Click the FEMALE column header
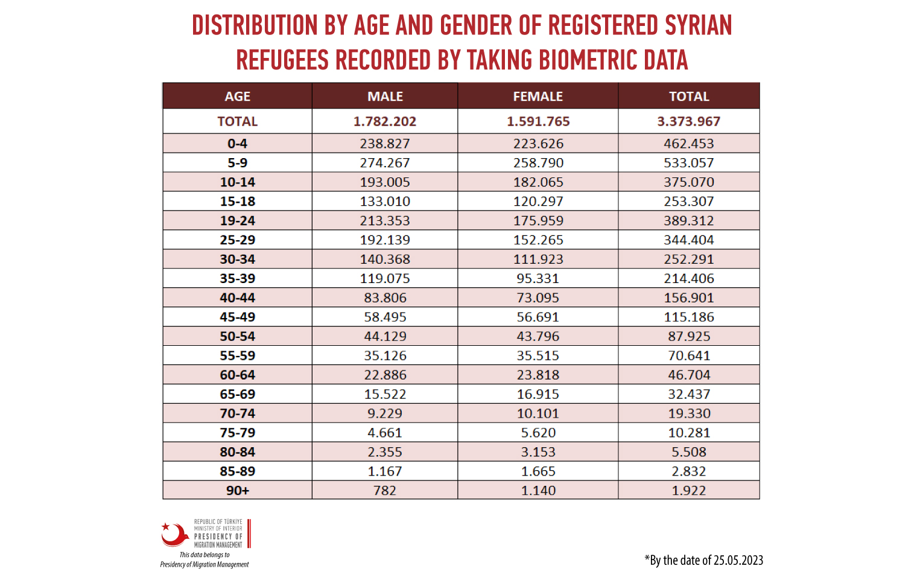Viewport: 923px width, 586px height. click(x=538, y=97)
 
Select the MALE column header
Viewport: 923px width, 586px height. click(x=385, y=97)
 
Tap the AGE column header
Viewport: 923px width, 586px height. click(x=237, y=97)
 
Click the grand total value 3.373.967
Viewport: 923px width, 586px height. click(x=688, y=121)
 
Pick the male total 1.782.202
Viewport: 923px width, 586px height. click(x=385, y=121)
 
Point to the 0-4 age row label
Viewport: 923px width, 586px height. click(x=237, y=144)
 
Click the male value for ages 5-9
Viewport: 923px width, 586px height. click(x=385, y=163)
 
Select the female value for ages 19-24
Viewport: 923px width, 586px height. click(x=538, y=220)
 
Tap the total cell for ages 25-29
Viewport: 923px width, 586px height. click(x=688, y=240)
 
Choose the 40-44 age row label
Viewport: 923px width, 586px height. click(x=237, y=298)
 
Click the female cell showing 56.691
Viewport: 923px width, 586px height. click(x=538, y=317)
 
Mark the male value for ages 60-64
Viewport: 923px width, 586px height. click(x=385, y=375)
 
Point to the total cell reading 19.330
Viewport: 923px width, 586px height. click(x=688, y=413)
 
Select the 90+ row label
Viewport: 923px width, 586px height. click(x=237, y=491)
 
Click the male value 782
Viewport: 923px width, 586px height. click(x=385, y=491)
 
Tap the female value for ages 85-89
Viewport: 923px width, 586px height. click(x=538, y=471)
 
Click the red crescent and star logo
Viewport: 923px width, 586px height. click(x=175, y=535)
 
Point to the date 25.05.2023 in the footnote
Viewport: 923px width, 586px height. click(x=738, y=561)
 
